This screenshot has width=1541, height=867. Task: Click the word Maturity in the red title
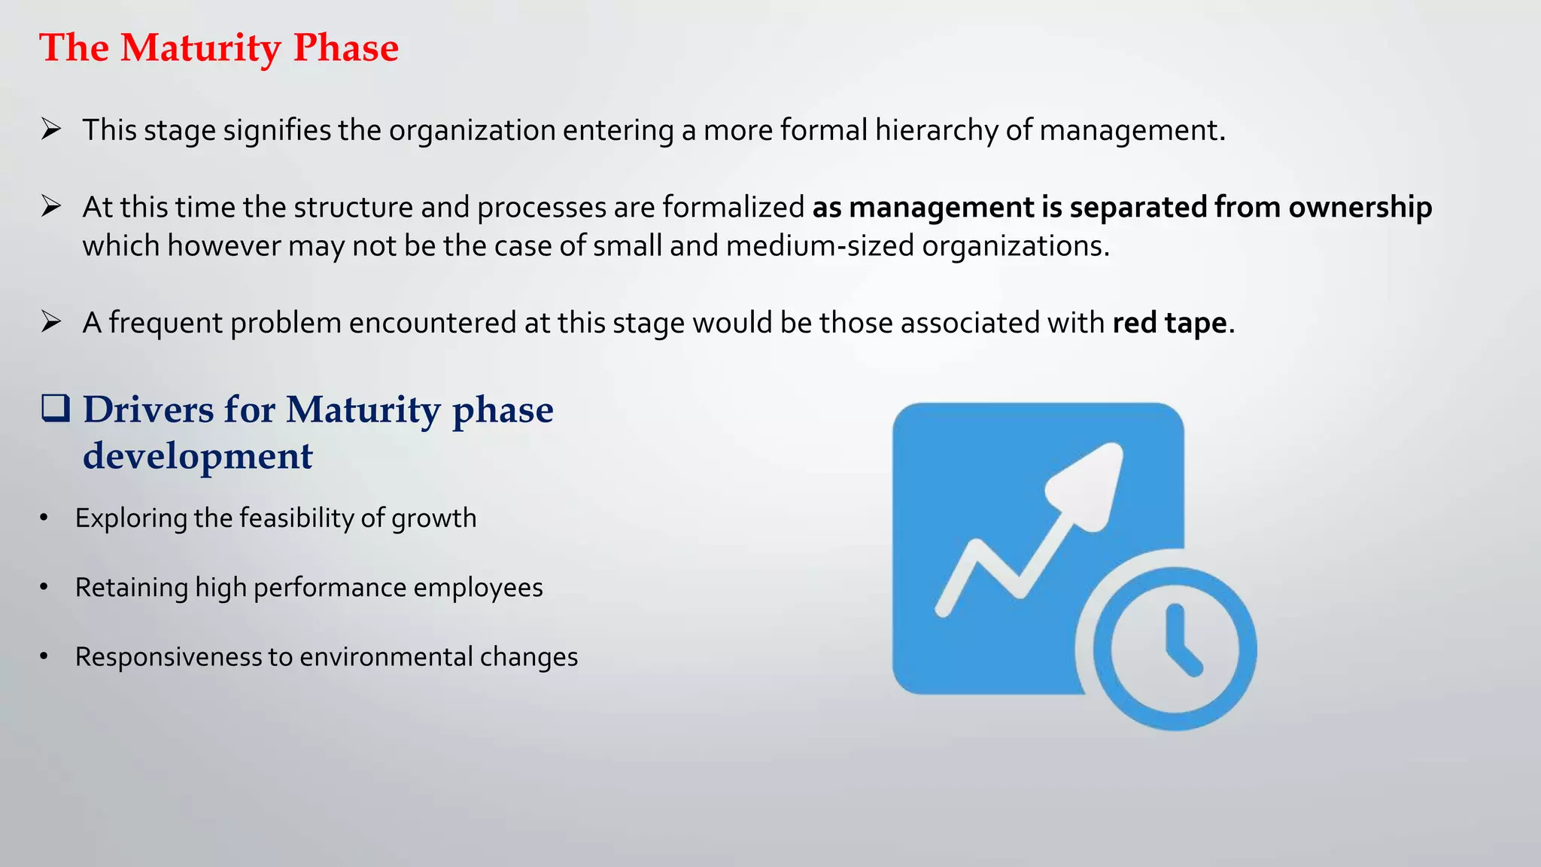pos(201,48)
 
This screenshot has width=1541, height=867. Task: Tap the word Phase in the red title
pos(345,48)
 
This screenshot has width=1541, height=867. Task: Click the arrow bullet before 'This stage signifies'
pos(51,129)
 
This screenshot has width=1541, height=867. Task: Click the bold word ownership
pos(1360,207)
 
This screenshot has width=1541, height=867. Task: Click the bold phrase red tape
pos(1169,323)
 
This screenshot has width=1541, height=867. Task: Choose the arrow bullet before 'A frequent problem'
pos(51,322)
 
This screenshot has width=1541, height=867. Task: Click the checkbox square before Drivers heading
pos(56,408)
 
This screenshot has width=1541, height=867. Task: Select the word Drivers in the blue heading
pos(148,410)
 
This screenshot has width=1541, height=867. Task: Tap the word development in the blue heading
pos(197,456)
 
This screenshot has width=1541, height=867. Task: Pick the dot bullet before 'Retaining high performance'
pos(44,587)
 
